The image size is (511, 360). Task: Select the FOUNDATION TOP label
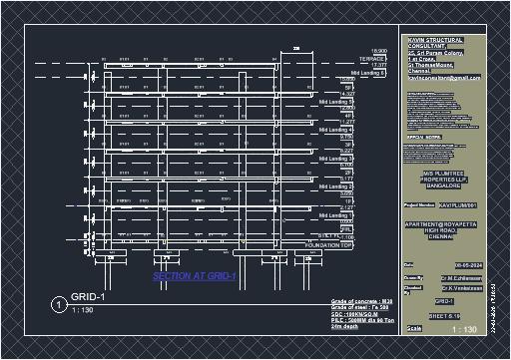point(330,244)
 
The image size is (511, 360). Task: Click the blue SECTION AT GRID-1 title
point(194,276)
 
